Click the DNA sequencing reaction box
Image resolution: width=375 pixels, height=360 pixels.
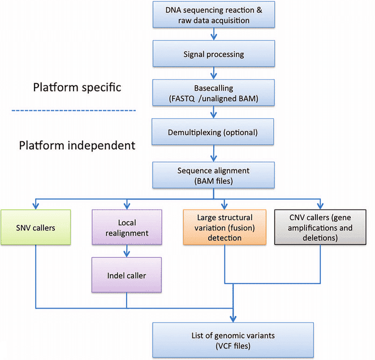(x=212, y=15)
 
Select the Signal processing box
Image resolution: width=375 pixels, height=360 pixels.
(x=212, y=55)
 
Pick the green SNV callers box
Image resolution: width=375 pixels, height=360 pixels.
(x=35, y=227)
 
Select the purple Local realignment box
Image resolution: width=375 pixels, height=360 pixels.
(x=127, y=227)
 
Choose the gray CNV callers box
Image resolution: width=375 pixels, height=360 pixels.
(x=321, y=227)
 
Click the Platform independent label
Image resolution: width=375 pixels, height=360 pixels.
(x=77, y=145)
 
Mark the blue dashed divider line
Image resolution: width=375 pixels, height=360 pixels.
(x=79, y=110)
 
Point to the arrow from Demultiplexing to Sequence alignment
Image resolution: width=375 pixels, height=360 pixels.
(x=213, y=153)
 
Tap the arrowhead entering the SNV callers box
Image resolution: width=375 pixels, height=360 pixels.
(x=36, y=206)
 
